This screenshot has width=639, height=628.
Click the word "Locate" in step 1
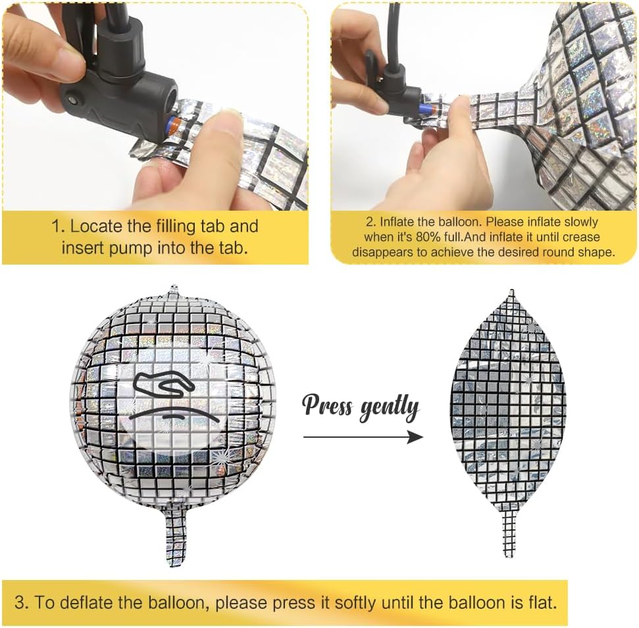coord(96,226)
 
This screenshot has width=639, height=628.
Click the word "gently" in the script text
coord(389,409)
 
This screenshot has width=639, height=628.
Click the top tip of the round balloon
coord(174,287)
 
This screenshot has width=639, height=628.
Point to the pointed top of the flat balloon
coord(512,290)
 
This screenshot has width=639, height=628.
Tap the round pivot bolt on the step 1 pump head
coord(74,99)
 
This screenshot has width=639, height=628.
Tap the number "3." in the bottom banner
coord(22,602)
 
